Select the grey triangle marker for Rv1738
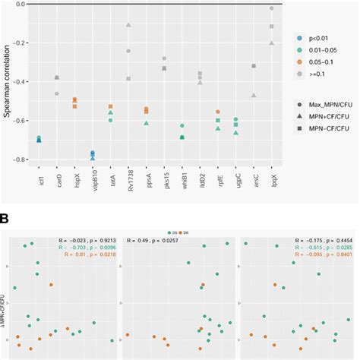coord(128,27)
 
